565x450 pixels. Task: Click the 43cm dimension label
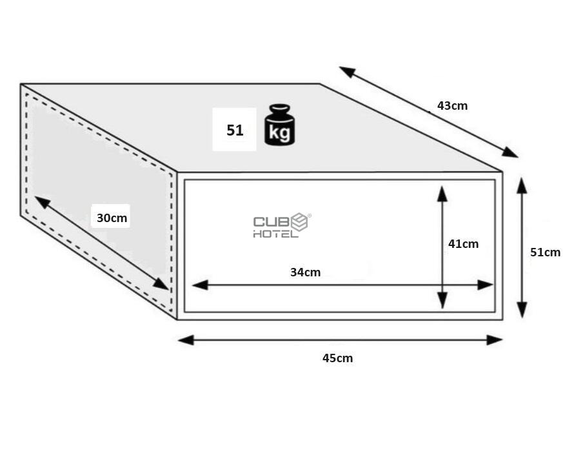click(x=452, y=106)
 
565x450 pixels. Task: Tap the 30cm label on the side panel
click(x=112, y=218)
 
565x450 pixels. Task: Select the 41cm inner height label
click(x=463, y=244)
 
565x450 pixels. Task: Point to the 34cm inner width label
click(x=305, y=272)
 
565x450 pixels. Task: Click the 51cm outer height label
click(x=545, y=252)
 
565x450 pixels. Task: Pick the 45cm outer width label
click(x=337, y=358)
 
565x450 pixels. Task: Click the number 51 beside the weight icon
click(x=235, y=130)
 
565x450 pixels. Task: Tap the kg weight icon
click(x=280, y=125)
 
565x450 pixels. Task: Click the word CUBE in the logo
click(x=281, y=221)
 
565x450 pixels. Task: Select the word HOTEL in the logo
click(x=275, y=234)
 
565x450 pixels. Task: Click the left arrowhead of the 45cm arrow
click(x=186, y=340)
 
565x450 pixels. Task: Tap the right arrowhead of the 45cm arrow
click(x=494, y=340)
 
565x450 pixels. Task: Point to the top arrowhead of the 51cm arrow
click(x=522, y=186)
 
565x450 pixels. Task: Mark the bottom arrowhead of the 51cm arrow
click(x=522, y=310)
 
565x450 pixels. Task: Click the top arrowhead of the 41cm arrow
click(x=442, y=194)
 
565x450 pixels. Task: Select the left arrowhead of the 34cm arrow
click(x=201, y=285)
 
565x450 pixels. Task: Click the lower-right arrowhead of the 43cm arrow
click(x=510, y=152)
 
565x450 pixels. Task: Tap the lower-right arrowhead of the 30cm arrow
click(x=161, y=284)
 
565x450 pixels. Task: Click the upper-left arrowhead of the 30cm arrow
click(x=43, y=202)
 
